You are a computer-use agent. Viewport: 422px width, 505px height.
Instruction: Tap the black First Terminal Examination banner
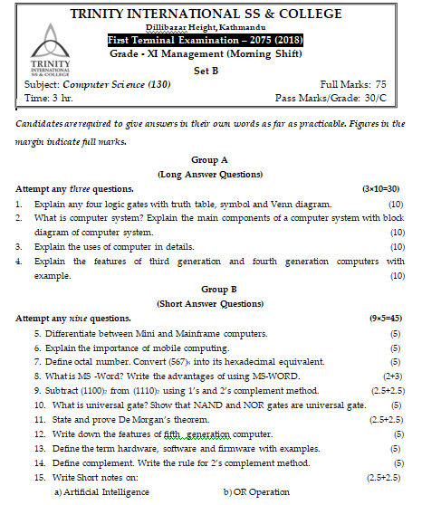[x=206, y=41]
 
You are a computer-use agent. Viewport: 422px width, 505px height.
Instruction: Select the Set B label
[x=206, y=70]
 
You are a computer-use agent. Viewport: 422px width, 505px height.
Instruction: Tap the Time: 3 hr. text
[x=49, y=97]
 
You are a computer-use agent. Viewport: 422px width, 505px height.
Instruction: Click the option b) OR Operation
[x=257, y=491]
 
